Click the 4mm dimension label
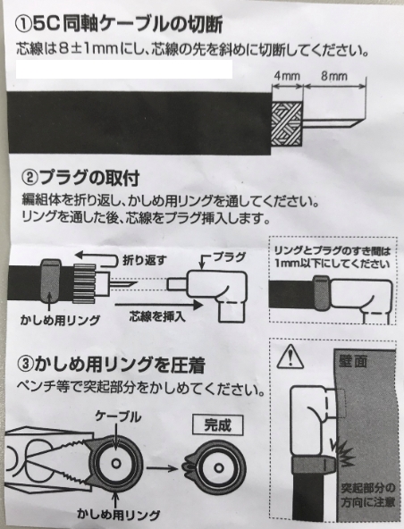pyautogui.click(x=287, y=76)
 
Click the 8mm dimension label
pyautogui.click(x=333, y=76)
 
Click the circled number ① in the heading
pyautogui.click(x=23, y=25)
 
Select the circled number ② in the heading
pyautogui.click(x=29, y=179)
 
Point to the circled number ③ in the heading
pyautogui.click(x=26, y=365)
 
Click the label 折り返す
pyautogui.click(x=144, y=260)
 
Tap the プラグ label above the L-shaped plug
pyautogui.click(x=230, y=257)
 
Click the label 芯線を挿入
pyautogui.click(x=157, y=316)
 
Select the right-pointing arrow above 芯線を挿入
pyautogui.click(x=158, y=305)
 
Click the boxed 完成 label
pyautogui.click(x=218, y=425)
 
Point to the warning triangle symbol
pyautogui.click(x=290, y=357)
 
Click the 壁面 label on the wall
pyautogui.click(x=353, y=361)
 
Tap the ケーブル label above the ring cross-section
pyautogui.click(x=118, y=417)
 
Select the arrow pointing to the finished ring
pyautogui.click(x=162, y=468)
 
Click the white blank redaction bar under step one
pyautogui.click(x=124, y=70)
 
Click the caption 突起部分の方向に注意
pyautogui.click(x=368, y=495)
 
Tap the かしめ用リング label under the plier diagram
pyautogui.click(x=119, y=515)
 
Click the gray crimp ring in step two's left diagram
pyautogui.click(x=51, y=281)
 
